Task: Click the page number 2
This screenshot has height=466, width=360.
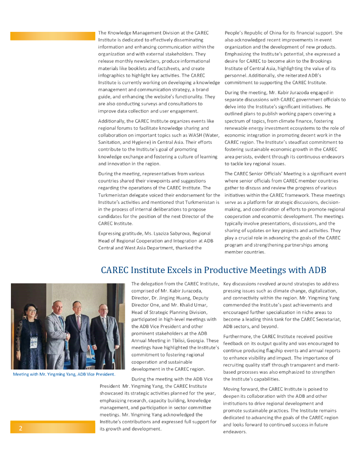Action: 20,428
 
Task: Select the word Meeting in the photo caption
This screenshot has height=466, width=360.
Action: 21,374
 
